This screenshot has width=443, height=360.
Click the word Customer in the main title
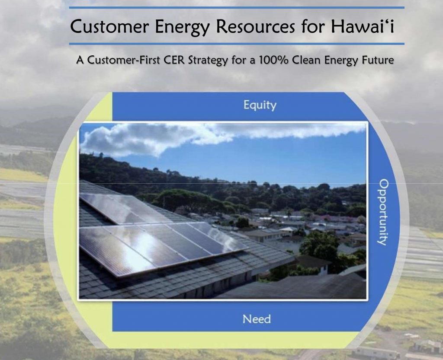coord(109,26)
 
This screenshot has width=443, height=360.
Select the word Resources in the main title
coord(255,26)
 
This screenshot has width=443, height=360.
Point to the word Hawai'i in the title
coord(362,26)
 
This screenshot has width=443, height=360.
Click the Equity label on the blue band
coord(260,105)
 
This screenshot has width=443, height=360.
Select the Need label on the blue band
coord(257,319)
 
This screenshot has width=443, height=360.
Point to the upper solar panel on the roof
coord(124,208)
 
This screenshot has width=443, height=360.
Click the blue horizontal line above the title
coord(237,8)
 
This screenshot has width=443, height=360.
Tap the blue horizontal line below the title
coord(237,44)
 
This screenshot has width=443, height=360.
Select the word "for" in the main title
coord(312,26)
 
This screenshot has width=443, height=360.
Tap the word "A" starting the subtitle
coord(80,60)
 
